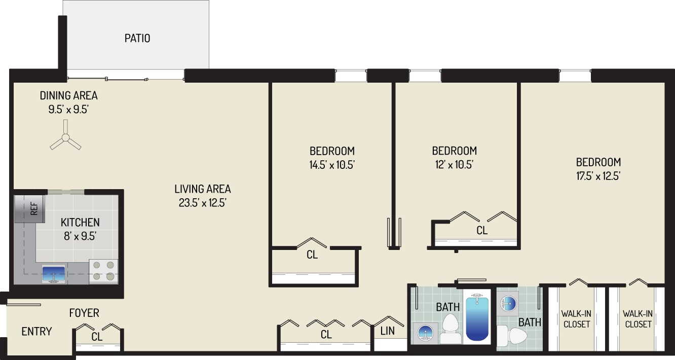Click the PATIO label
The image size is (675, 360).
pyautogui.click(x=137, y=39)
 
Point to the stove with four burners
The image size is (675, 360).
pyautogui.click(x=103, y=271)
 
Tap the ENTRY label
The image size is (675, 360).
pyautogui.click(x=36, y=332)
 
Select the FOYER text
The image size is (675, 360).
pyautogui.click(x=84, y=313)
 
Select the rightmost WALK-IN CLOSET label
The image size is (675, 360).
pyautogui.click(x=638, y=319)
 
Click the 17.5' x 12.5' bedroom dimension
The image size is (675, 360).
pyautogui.click(x=598, y=176)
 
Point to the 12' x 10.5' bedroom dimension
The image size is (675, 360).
pyautogui.click(x=454, y=164)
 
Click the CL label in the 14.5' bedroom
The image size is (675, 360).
pyautogui.click(x=312, y=255)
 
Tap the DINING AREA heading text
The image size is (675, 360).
pyautogui.click(x=69, y=95)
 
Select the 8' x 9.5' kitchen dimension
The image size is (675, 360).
pyautogui.click(x=80, y=235)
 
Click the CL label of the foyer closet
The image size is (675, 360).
pyautogui.click(x=97, y=337)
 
